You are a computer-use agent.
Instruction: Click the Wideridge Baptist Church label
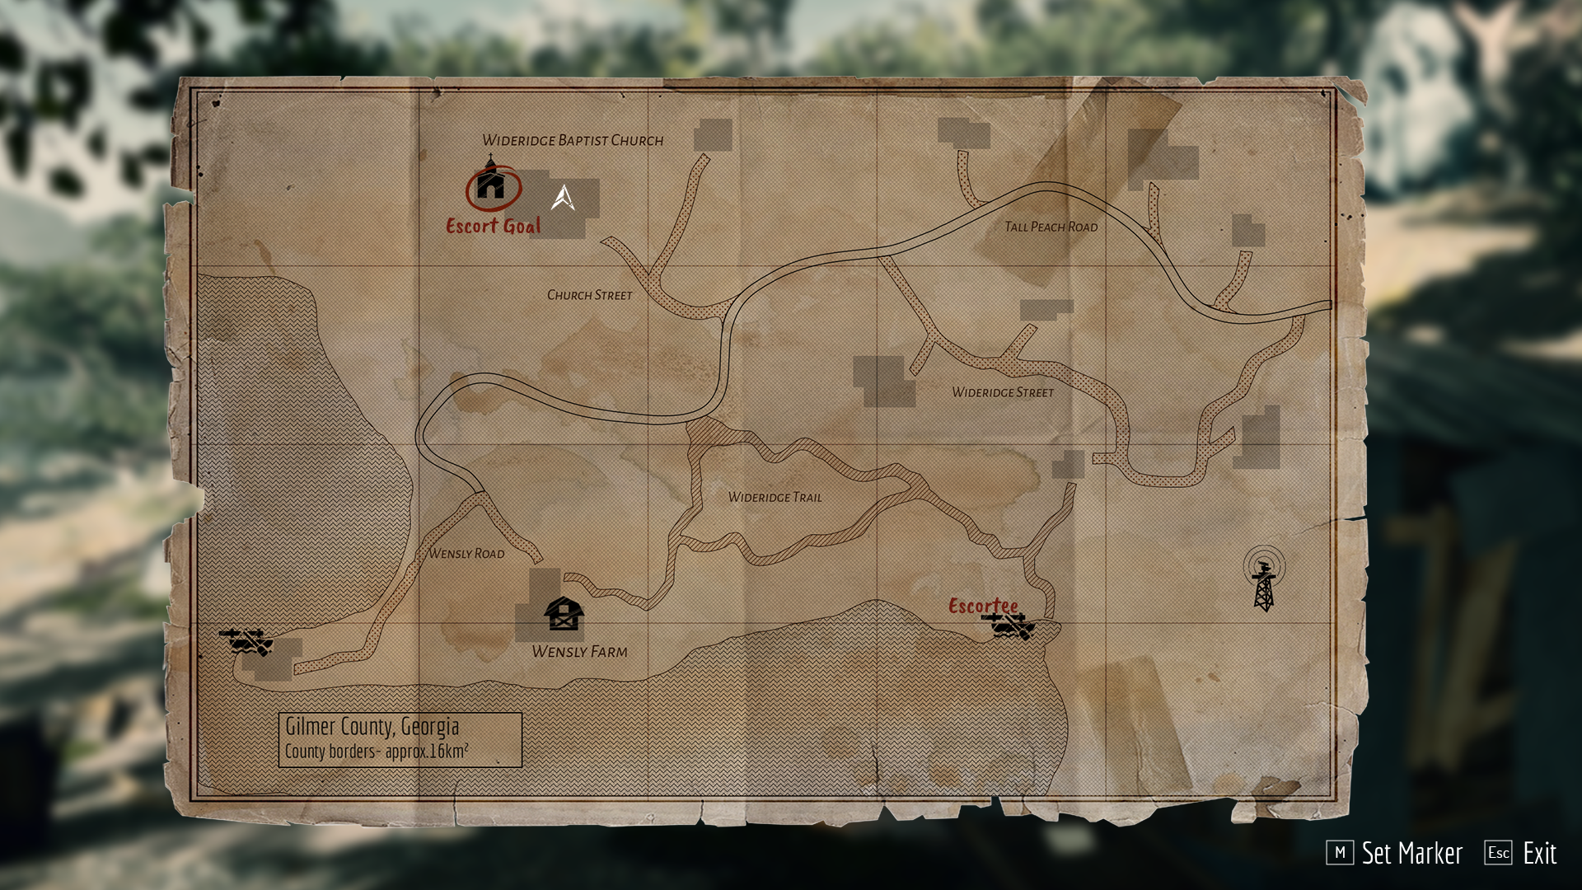[573, 140]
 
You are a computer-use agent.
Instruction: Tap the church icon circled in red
[491, 184]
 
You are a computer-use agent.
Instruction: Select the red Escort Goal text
[494, 226]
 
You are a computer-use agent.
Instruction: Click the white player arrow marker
[563, 198]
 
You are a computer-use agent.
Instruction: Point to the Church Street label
[589, 295]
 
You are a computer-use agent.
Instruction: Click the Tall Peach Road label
[1051, 227]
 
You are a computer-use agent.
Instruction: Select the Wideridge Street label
[1003, 392]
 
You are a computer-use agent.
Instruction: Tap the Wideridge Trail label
[775, 497]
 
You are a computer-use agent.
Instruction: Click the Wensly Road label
[466, 554]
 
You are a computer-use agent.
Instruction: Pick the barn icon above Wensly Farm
[564, 614]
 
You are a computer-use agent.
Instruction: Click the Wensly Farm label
[579, 652]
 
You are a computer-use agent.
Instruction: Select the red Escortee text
[983, 606]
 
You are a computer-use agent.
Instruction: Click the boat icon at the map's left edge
[246, 641]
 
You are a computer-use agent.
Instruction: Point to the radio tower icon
[1264, 578]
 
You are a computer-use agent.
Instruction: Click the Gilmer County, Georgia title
[372, 727]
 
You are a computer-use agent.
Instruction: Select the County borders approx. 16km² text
[377, 752]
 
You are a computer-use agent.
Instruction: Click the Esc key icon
[1498, 853]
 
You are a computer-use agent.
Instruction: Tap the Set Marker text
[1411, 853]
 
